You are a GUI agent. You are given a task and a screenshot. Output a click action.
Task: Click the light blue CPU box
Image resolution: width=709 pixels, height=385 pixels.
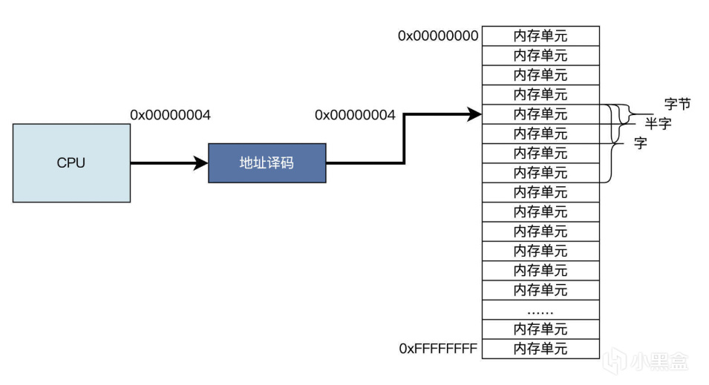[71, 163]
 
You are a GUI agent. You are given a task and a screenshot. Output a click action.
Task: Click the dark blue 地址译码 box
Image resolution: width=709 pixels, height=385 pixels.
[267, 162]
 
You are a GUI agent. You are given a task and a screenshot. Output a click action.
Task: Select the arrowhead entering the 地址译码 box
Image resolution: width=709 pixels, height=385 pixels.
[201, 162]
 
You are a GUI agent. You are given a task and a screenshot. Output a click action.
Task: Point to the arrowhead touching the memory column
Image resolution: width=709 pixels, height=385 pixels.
[475, 114]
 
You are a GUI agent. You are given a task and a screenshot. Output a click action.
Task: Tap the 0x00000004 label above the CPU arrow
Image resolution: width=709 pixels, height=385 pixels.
[171, 115]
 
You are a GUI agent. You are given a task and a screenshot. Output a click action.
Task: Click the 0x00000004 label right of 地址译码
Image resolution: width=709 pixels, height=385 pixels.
[355, 115]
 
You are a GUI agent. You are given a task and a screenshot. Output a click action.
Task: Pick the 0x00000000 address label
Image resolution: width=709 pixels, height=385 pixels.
[438, 36]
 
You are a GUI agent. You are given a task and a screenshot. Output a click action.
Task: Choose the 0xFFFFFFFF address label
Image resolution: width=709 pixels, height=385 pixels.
[438, 348]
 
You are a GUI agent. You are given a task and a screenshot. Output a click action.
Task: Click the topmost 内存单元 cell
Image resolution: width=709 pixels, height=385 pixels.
[540, 36]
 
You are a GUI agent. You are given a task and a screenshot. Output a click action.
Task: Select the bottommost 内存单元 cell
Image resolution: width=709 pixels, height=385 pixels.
[540, 349]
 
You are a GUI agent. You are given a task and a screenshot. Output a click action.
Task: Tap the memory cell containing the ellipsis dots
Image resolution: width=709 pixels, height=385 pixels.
[540, 309]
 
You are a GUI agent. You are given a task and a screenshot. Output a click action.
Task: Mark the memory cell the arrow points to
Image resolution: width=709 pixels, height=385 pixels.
[540, 114]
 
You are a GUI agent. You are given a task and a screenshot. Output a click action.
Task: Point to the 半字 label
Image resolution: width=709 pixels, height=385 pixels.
[658, 124]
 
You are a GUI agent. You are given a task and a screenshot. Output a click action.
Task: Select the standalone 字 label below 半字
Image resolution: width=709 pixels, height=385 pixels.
[640, 144]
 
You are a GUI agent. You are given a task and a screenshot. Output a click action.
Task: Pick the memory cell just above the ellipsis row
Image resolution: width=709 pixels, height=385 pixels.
[540, 289]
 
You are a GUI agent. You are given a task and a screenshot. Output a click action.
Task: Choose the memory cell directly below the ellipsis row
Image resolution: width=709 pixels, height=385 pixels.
[540, 329]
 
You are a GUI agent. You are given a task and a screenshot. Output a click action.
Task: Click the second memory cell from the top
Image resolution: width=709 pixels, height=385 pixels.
[540, 56]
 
